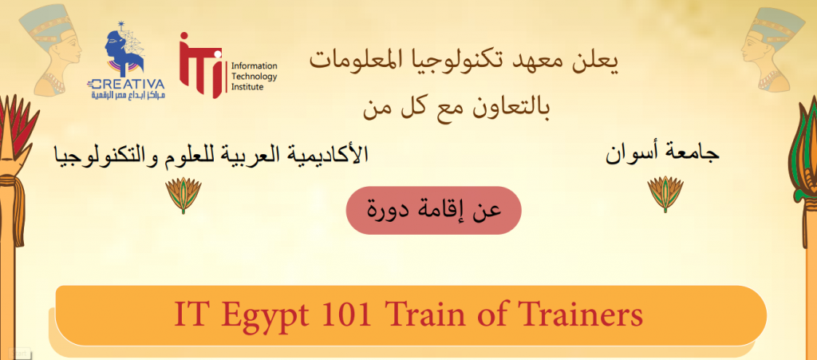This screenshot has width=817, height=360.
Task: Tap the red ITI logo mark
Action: point(200,65)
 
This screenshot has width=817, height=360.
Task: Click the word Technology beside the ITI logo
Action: point(254,77)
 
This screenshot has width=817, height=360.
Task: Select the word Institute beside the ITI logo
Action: point(247,86)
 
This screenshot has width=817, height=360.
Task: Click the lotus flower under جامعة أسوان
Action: point(665,193)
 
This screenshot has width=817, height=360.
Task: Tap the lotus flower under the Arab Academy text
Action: point(183,195)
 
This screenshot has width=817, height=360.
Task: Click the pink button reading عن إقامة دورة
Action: point(433,210)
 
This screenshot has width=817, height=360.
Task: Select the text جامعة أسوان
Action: point(662,154)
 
